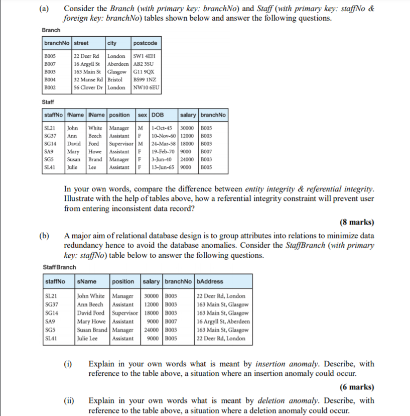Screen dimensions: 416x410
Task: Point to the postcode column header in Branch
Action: pyautogui.click(x=146, y=43)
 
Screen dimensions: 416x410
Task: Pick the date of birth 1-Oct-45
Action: pyautogui.click(x=162, y=128)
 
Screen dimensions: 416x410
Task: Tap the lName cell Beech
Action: pyautogui.click(x=95, y=136)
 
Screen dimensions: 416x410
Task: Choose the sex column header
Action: pyautogui.click(x=143, y=115)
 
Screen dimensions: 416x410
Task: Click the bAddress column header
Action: pyautogui.click(x=210, y=281)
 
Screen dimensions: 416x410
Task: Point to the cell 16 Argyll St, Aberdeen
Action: pyautogui.click(x=223, y=322)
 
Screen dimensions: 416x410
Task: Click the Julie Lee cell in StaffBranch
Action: pyautogui.click(x=87, y=338)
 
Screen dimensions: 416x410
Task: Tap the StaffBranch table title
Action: pyautogui.click(x=59, y=267)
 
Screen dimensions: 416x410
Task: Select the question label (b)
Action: pyautogui.click(x=47, y=236)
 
